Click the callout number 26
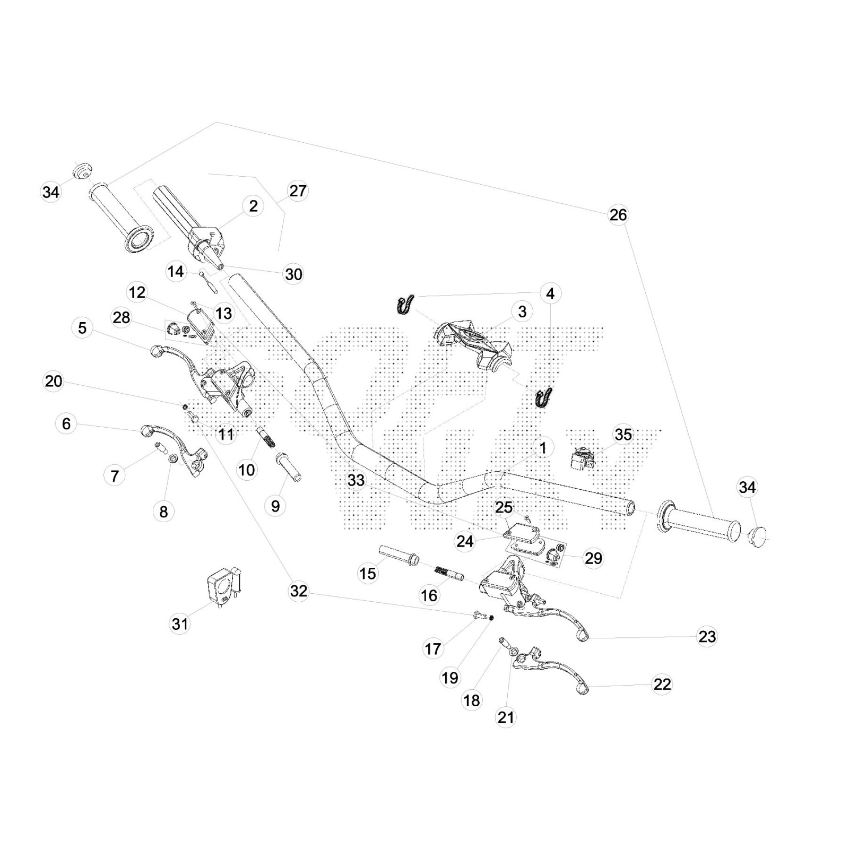click(x=618, y=215)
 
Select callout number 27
click(x=298, y=191)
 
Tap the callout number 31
click(x=180, y=623)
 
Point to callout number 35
click(x=623, y=435)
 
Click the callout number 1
click(x=543, y=448)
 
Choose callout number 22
click(x=662, y=685)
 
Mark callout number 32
click(x=299, y=591)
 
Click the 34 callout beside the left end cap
click(x=51, y=192)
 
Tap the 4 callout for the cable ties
click(x=550, y=293)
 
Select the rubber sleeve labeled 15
click(x=398, y=554)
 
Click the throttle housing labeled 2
click(x=207, y=241)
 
